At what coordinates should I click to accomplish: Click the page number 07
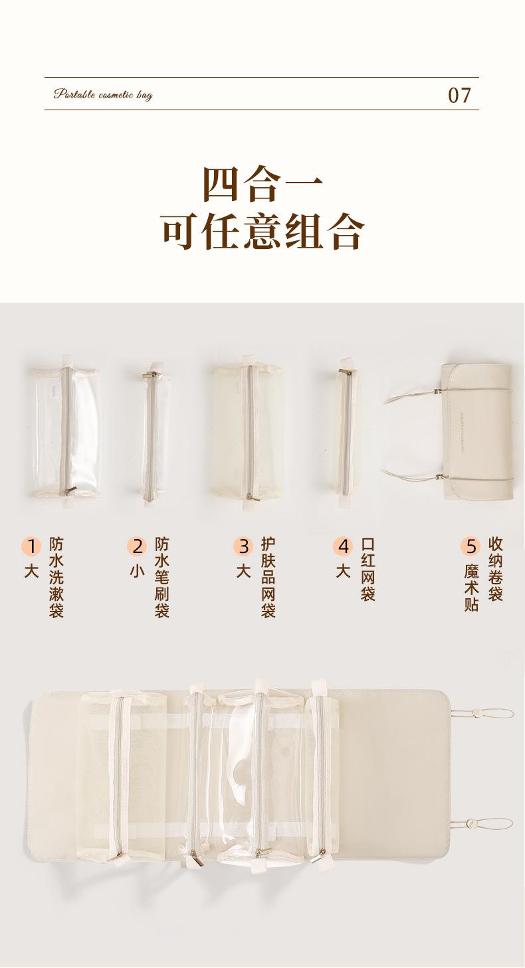[459, 95]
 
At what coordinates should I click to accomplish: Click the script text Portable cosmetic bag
[103, 95]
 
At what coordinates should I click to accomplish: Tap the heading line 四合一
[262, 184]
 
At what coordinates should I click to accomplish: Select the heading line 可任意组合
[262, 232]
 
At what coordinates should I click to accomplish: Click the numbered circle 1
[31, 546]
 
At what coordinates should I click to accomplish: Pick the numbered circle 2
[137, 546]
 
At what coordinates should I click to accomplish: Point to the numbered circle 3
[243, 546]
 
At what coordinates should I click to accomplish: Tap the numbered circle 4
[343, 546]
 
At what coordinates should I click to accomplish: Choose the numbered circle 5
[471, 546]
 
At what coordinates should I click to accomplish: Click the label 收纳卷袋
[496, 570]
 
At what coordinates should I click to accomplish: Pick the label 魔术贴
[471, 588]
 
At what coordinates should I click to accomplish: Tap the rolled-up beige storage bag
[477, 432]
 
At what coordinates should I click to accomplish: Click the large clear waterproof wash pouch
[66, 432]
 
